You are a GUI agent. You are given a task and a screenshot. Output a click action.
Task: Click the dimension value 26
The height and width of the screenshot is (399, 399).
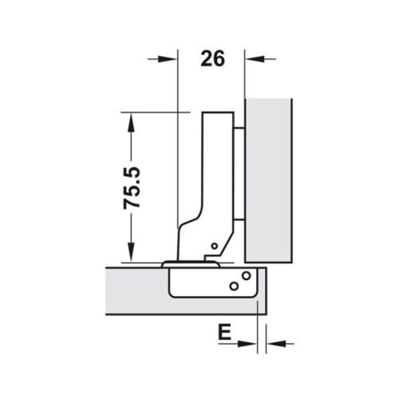[211, 58]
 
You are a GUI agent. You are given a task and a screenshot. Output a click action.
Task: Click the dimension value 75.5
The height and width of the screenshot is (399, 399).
[132, 188]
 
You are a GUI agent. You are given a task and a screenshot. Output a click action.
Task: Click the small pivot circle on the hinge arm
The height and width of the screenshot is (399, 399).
[214, 246]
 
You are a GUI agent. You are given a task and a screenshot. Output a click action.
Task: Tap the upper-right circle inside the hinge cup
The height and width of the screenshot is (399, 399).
[246, 276]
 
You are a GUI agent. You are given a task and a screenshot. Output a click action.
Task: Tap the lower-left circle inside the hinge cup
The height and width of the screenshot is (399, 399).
[233, 286]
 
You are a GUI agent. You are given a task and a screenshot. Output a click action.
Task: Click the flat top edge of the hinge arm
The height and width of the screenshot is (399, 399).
[219, 113]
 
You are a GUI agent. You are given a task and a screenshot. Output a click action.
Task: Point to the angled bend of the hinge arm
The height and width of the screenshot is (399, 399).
[192, 223]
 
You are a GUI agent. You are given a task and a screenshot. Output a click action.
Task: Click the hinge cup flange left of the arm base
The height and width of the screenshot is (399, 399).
[170, 261]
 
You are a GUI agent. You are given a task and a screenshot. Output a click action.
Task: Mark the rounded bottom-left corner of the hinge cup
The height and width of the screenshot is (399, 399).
[175, 292]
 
